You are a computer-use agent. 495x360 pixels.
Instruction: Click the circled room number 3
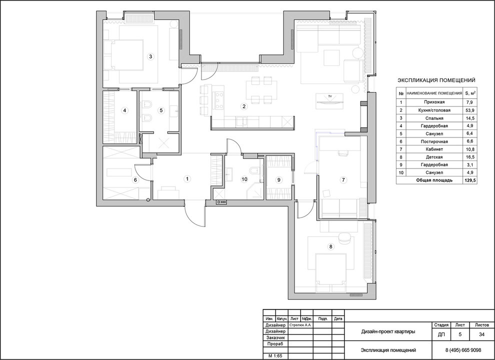pyautogui.click(x=150, y=57)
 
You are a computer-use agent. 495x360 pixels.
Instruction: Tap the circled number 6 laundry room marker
pyautogui.click(x=135, y=180)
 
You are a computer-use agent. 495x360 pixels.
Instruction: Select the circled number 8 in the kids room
pyautogui.click(x=330, y=246)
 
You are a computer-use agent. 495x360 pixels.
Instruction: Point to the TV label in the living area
pyautogui.click(x=330, y=95)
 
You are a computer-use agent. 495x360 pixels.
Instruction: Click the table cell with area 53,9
pyautogui.click(x=469, y=110)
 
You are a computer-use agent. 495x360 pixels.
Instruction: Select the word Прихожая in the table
pyautogui.click(x=434, y=102)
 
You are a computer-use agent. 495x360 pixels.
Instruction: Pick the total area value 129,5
pyautogui.click(x=469, y=180)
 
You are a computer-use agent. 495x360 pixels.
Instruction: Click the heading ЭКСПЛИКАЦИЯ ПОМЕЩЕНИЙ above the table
pyautogui.click(x=436, y=80)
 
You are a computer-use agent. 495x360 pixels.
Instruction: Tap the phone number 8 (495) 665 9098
pyautogui.click(x=463, y=350)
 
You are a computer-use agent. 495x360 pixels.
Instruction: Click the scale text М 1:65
pyautogui.click(x=275, y=356)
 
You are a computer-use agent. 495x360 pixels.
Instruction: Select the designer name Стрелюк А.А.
pyautogui.click(x=300, y=324)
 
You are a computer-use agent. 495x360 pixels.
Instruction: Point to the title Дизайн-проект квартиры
pyautogui.click(x=388, y=331)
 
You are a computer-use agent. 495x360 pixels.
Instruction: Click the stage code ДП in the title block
pyautogui.click(x=441, y=334)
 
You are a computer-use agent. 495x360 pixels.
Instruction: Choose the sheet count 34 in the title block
pyautogui.click(x=481, y=334)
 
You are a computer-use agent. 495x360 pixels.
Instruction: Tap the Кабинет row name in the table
pyautogui.click(x=434, y=149)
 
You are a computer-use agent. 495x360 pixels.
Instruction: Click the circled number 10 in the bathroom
pyautogui.click(x=244, y=179)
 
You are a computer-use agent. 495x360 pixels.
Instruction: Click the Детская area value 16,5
pyautogui.click(x=469, y=157)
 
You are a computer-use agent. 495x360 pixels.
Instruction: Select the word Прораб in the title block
pyautogui.click(x=275, y=344)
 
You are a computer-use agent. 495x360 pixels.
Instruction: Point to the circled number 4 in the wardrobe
pyautogui.click(x=125, y=110)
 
